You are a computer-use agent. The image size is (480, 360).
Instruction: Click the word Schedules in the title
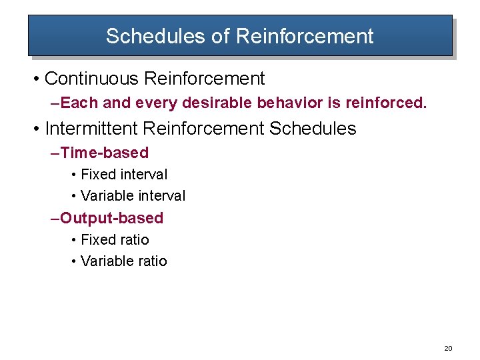tap(155, 36)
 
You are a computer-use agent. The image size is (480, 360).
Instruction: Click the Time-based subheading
tap(104, 153)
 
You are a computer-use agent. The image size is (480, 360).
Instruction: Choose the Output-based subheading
tap(111, 218)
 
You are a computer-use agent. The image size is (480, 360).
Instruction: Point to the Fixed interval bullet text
tap(124, 175)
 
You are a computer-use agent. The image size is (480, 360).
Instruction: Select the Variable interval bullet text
tap(133, 196)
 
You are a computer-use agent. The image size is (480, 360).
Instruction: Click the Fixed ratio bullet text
tap(115, 239)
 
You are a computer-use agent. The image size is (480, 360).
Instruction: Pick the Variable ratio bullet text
tap(123, 261)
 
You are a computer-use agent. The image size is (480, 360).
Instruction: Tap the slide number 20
tap(448, 349)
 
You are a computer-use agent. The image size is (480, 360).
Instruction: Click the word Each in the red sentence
tap(75, 103)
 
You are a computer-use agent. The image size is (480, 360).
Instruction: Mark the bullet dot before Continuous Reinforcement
tap(34, 79)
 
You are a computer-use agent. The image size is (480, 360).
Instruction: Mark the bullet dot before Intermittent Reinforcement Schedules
tap(34, 129)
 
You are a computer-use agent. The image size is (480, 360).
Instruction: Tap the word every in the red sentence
tap(153, 103)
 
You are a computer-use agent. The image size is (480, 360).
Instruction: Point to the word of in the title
tap(220, 36)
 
